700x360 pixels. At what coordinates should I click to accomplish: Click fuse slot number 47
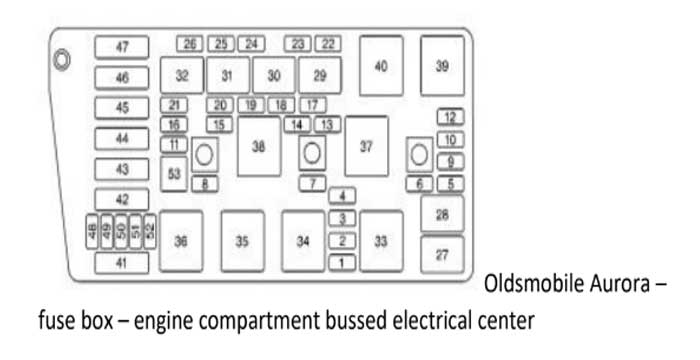(122, 47)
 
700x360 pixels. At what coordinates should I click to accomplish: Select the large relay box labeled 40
(381, 66)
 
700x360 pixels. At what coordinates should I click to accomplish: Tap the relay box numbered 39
(442, 66)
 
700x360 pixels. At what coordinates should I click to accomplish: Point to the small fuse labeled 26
(190, 44)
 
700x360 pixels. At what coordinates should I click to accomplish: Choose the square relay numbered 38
(259, 147)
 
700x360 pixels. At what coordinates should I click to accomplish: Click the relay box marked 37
(366, 147)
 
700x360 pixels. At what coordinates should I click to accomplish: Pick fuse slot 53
(175, 173)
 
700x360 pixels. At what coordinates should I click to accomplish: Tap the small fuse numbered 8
(205, 184)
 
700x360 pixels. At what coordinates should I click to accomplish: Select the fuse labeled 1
(342, 262)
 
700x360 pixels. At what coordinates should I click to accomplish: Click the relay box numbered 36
(181, 241)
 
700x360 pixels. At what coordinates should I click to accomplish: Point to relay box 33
(381, 241)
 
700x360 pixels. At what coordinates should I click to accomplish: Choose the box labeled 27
(442, 254)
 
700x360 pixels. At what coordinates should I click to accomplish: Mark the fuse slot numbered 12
(450, 118)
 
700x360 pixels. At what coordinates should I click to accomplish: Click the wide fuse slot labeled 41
(122, 264)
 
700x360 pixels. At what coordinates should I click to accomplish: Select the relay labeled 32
(182, 75)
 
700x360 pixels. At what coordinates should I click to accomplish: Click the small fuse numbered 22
(327, 44)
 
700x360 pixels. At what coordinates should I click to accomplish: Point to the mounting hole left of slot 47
(62, 59)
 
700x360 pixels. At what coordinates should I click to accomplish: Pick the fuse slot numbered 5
(451, 183)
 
